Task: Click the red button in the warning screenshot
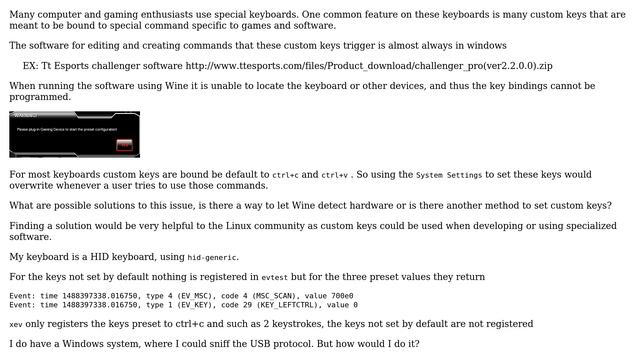[124, 145]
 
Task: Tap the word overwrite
[36, 186]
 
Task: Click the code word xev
[15, 324]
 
